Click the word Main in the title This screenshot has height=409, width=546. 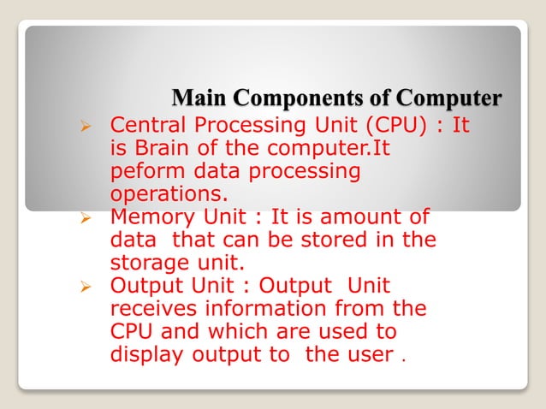pos(196,98)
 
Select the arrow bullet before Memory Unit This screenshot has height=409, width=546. pos(85,217)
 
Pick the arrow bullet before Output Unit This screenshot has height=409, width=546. pos(85,286)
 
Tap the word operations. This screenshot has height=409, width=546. pos(163,194)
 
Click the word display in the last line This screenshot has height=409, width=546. pos(142,353)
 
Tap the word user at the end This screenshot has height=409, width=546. pos(371,353)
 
